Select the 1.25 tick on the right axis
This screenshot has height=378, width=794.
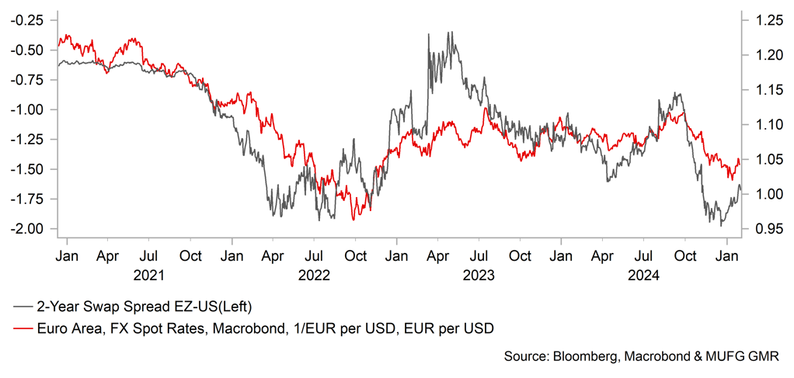click(757, 20)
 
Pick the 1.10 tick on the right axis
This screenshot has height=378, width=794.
click(757, 124)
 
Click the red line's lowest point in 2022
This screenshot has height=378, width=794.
click(353, 220)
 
